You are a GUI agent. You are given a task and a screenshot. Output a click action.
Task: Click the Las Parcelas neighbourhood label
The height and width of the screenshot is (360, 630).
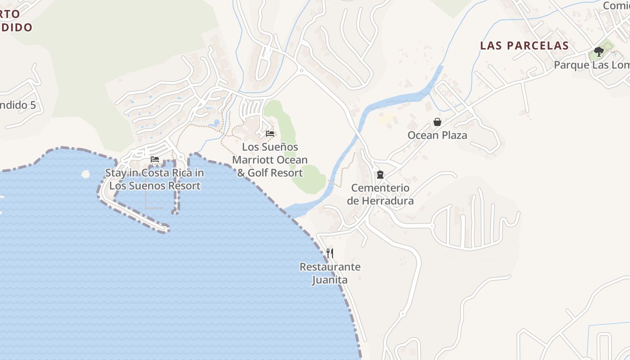[x=524, y=45]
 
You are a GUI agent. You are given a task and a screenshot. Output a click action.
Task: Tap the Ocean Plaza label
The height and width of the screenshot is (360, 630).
[x=437, y=135]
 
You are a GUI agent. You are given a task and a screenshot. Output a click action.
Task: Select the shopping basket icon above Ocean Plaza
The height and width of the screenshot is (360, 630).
[x=437, y=121]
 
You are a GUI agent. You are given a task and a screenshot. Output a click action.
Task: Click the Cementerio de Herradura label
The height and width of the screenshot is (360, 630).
[x=380, y=194]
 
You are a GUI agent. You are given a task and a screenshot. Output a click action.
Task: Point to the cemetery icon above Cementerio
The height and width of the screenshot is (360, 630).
[x=380, y=175]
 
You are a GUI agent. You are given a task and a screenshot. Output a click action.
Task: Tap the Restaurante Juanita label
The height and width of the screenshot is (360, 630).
[x=330, y=273]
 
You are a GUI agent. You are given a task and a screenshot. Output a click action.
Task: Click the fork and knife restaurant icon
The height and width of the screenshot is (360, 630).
[x=330, y=253]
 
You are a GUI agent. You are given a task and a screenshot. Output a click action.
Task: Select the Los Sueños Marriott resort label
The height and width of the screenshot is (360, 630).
[x=270, y=160]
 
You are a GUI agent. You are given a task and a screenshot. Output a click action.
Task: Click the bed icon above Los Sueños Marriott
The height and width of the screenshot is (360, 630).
[x=270, y=133]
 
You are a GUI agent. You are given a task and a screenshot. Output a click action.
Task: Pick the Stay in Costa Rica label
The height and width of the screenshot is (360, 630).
[x=154, y=179]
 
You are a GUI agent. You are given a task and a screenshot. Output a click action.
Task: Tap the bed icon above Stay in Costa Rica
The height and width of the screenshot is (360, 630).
[x=155, y=159]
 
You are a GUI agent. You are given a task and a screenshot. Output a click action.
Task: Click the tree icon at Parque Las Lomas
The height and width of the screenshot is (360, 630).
[x=598, y=52]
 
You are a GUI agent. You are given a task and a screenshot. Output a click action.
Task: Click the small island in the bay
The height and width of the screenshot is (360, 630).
[x=85, y=173]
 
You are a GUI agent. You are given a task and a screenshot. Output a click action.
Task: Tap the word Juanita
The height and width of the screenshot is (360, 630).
[x=330, y=280]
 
